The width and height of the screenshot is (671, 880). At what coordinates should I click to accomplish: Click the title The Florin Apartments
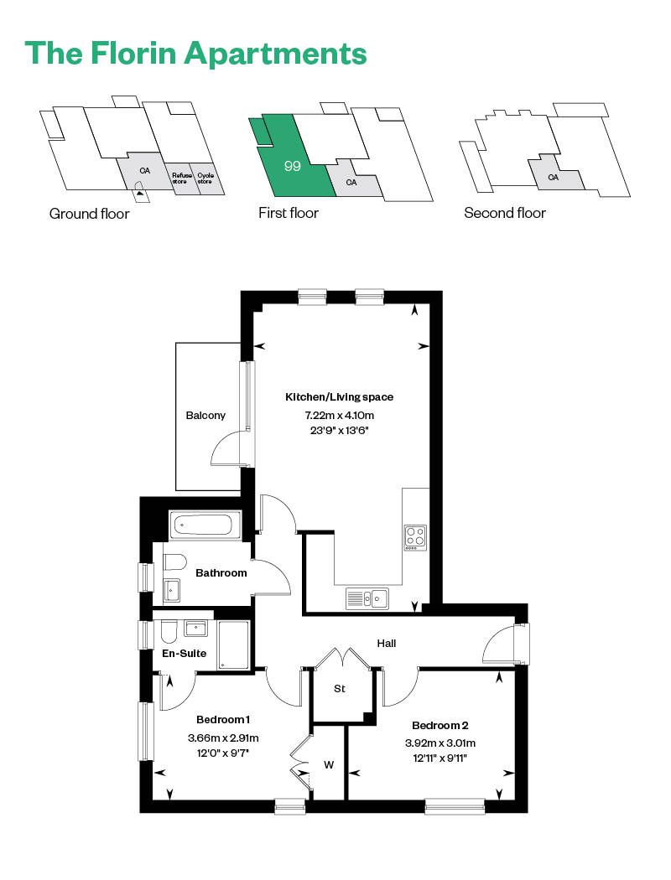[196, 52]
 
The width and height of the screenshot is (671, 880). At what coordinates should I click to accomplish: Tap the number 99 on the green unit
[292, 166]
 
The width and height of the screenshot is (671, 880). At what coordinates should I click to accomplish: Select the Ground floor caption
[89, 214]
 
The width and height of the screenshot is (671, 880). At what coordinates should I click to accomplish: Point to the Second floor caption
[505, 213]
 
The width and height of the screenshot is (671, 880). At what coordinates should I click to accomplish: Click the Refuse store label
[180, 178]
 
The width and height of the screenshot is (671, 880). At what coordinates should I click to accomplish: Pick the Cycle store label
[205, 178]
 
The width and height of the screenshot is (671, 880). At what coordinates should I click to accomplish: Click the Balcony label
[205, 415]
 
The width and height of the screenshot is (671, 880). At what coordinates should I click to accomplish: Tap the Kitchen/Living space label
[339, 397]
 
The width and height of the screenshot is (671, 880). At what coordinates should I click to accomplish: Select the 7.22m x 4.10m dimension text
[339, 415]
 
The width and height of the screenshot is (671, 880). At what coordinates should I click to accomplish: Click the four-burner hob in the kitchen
[415, 536]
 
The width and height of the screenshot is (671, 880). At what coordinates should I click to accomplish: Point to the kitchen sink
[367, 598]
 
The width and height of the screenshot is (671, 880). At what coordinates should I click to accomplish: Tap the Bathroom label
[221, 573]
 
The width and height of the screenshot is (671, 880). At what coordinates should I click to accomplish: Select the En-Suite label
[184, 653]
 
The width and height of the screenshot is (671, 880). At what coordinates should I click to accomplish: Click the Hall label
[386, 644]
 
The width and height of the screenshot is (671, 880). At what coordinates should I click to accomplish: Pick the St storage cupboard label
[340, 689]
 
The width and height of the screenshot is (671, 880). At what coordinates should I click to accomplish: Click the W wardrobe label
[329, 764]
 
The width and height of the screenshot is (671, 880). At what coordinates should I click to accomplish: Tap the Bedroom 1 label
[223, 720]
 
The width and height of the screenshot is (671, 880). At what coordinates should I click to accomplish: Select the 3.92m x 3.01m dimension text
[440, 743]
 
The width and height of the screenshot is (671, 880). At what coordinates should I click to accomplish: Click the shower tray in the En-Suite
[233, 645]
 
